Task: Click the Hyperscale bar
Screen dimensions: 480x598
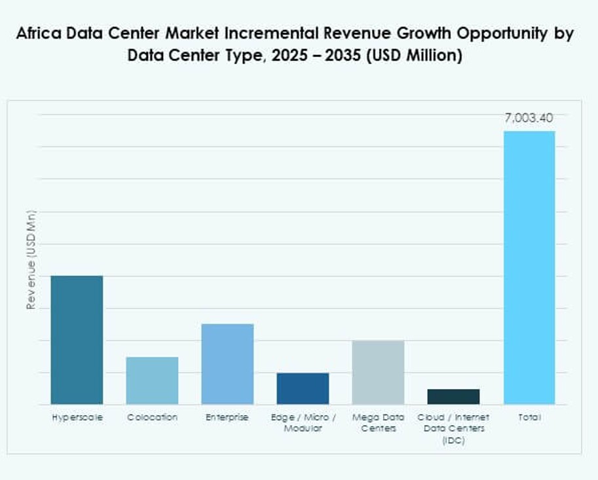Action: [x=77, y=340]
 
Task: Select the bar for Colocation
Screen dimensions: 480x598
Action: [x=152, y=380]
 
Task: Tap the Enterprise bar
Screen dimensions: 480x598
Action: [x=227, y=364]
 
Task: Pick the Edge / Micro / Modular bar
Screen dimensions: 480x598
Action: [x=303, y=388]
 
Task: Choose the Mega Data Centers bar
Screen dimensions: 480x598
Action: [x=378, y=372]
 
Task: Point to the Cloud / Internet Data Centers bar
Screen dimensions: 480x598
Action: [x=453, y=397]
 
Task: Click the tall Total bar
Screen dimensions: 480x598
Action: [x=529, y=267]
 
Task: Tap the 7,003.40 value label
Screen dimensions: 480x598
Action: [x=529, y=119]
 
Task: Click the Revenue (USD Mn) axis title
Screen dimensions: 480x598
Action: [x=30, y=261]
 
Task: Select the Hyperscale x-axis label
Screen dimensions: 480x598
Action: [x=77, y=417]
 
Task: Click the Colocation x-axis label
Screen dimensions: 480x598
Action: [x=152, y=417]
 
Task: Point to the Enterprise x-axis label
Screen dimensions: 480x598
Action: [x=227, y=417]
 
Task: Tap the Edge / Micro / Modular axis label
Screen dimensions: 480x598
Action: [x=303, y=422]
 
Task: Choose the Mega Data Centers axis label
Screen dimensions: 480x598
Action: [x=378, y=422]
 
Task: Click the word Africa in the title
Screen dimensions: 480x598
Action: [x=39, y=34]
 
